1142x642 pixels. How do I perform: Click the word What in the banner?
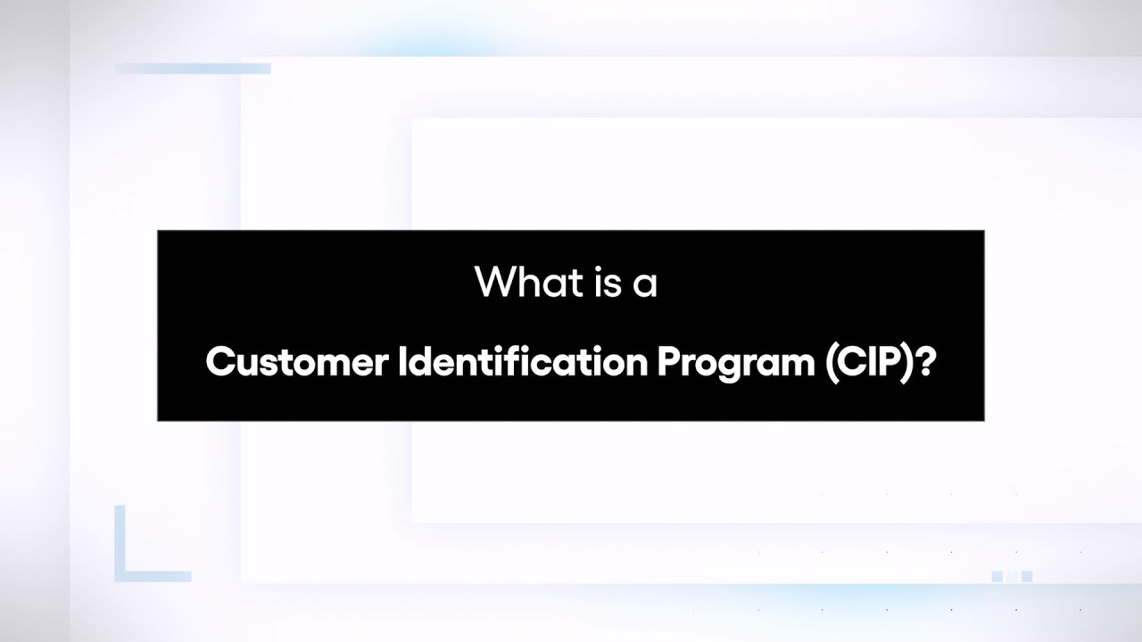pyautogui.click(x=515, y=282)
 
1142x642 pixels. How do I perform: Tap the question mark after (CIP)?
pyautogui.click(x=925, y=362)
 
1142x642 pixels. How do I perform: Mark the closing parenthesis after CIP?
pyautogui.click(x=909, y=363)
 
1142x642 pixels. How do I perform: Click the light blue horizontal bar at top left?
pyautogui.click(x=193, y=69)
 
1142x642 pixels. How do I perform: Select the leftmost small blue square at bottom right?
pyautogui.click(x=997, y=577)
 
